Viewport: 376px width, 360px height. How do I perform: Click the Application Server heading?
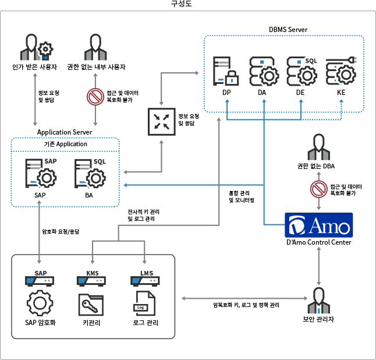[65, 132]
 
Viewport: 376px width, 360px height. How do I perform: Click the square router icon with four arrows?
[161, 120]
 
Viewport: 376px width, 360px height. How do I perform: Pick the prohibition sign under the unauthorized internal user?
[95, 96]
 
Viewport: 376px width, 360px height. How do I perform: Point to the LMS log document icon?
[141, 305]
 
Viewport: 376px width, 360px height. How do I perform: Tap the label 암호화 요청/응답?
[61, 231]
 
